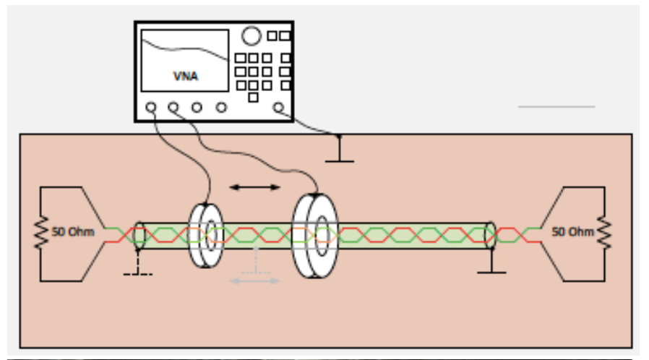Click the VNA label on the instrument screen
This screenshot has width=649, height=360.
[x=186, y=76]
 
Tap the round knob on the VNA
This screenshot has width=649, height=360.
[x=251, y=35]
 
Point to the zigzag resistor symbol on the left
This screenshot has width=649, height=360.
[x=42, y=233]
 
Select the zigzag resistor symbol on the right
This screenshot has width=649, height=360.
[x=604, y=233]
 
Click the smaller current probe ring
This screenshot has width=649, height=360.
[x=205, y=235]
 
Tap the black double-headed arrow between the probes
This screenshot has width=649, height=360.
[x=254, y=187]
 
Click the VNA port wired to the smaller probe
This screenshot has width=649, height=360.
[x=150, y=108]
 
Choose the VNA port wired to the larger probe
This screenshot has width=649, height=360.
[x=173, y=108]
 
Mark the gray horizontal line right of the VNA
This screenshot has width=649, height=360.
[x=556, y=107]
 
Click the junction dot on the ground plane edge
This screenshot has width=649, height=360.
[x=339, y=134]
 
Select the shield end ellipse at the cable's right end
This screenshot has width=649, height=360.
[x=491, y=236]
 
